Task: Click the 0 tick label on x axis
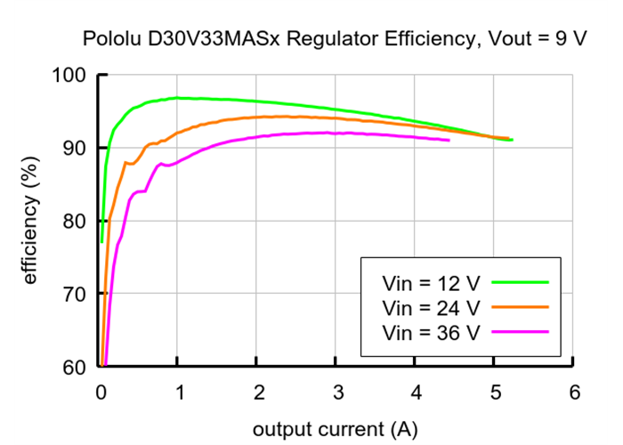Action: point(100,392)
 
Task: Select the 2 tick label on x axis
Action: point(257,392)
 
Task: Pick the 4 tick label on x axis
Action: point(415,392)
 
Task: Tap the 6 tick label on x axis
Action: point(573,392)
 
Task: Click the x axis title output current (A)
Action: point(334,429)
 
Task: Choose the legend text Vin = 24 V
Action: point(431,308)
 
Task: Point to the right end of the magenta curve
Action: point(449,140)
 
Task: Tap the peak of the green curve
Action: point(177,97)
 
